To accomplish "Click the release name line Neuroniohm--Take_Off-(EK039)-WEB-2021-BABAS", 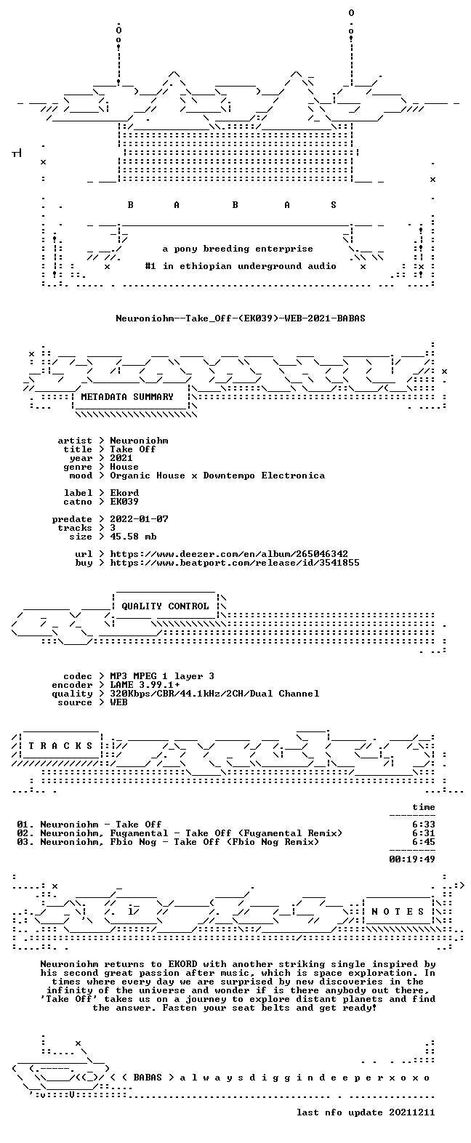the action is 241,318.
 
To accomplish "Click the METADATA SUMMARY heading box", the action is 127,396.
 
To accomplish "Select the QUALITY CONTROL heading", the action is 165,606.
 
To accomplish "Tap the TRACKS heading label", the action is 60,746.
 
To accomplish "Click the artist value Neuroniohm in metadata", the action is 139,441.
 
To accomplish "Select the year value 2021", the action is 121,458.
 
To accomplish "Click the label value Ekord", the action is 124,493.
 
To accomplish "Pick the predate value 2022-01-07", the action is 139,519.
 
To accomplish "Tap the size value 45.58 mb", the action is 133,537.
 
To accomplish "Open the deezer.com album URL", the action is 229,554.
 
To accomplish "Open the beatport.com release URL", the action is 235,563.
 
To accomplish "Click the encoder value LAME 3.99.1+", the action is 145,685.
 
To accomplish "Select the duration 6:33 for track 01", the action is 424,824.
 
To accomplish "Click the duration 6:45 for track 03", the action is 424,841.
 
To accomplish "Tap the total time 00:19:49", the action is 412,859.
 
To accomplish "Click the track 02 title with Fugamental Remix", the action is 191,833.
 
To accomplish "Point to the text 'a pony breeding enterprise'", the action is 238,249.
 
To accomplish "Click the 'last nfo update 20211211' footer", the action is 366,1112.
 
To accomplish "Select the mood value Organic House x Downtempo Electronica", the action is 217,476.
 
